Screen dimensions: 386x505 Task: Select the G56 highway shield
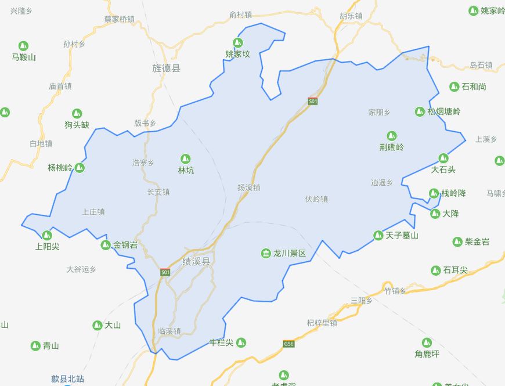click(x=288, y=344)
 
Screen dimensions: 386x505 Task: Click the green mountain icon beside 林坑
click(x=186, y=158)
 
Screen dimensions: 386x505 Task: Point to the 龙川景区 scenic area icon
click(x=266, y=254)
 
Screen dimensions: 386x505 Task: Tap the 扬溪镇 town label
click(x=248, y=187)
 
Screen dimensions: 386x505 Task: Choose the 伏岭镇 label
click(x=316, y=199)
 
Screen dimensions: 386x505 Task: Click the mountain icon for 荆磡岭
click(x=392, y=136)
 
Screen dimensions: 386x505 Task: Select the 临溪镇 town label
click(x=169, y=331)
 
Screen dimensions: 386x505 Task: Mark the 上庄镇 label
click(x=93, y=212)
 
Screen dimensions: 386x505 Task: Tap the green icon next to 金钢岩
click(x=106, y=245)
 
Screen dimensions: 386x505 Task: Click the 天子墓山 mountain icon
click(x=378, y=235)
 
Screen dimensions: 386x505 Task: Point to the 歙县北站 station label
click(x=68, y=379)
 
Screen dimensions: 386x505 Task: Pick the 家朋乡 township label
click(x=380, y=112)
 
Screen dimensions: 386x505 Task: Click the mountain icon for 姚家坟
click(x=237, y=42)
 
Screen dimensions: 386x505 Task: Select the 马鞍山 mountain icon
click(x=24, y=46)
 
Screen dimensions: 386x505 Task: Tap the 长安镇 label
click(x=158, y=192)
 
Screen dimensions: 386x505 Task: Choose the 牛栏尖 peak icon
click(x=241, y=342)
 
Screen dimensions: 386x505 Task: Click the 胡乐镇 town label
click(x=351, y=16)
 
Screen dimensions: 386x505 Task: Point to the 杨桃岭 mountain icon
click(x=80, y=168)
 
